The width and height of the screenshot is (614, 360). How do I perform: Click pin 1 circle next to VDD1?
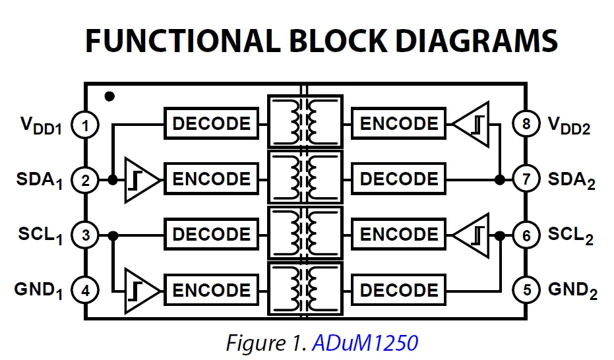click(x=84, y=125)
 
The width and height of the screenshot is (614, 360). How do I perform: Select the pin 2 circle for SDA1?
click(x=84, y=180)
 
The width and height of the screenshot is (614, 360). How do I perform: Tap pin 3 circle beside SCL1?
click(x=84, y=235)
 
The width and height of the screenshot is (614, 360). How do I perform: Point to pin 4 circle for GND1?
click(x=84, y=290)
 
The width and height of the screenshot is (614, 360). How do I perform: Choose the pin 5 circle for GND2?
click(x=526, y=290)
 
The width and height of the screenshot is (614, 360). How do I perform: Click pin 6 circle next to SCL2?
click(x=526, y=235)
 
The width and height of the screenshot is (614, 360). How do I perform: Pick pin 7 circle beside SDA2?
click(x=526, y=180)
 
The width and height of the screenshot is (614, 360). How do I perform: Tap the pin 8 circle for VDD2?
click(x=526, y=125)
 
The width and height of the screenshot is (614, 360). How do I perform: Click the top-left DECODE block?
click(x=212, y=124)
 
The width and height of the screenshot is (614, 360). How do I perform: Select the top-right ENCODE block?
click(x=398, y=124)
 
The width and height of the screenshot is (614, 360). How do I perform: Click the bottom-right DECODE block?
click(x=398, y=290)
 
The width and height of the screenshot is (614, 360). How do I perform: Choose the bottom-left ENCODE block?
click(x=212, y=290)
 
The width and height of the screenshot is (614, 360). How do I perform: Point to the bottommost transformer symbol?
click(x=305, y=289)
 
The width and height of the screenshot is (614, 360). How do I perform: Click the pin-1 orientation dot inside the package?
click(x=109, y=96)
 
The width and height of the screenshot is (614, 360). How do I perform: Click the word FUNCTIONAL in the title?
click(x=177, y=41)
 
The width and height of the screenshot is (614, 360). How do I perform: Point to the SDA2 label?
click(x=571, y=180)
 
